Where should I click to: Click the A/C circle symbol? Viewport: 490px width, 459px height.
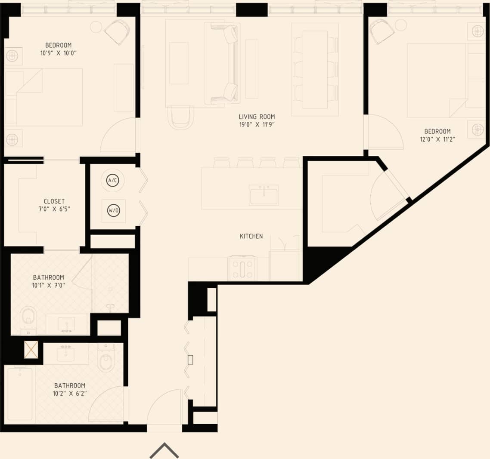tap(113, 181)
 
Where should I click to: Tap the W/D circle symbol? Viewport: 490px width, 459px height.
tap(114, 211)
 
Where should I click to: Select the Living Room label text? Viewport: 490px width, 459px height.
tap(257, 117)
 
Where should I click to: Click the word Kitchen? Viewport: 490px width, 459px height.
tap(251, 236)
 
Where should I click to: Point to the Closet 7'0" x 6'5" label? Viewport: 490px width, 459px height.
tap(54, 205)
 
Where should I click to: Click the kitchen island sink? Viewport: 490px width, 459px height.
tap(264, 194)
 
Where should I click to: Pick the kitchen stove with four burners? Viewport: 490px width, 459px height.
tap(242, 268)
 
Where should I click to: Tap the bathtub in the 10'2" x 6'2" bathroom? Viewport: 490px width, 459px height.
tap(19, 393)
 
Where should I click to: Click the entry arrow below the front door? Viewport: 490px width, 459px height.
tap(164, 450)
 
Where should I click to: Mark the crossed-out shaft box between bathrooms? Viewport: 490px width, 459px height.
tap(31, 350)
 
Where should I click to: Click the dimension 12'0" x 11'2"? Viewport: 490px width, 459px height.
tap(437, 139)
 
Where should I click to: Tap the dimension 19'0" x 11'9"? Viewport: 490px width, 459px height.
tap(257, 124)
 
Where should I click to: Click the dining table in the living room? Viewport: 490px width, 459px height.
tap(315, 69)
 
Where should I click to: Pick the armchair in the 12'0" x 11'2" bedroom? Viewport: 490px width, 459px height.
tap(381, 31)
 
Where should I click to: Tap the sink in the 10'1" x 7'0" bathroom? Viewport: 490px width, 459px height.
tap(66, 324)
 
